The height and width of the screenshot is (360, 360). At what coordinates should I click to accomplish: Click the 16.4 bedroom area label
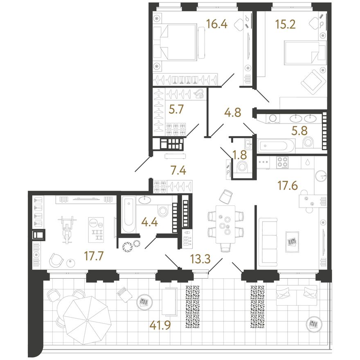(217, 24)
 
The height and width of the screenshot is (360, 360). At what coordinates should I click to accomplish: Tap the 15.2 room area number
(286, 24)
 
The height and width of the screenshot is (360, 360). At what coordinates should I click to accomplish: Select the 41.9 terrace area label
(160, 325)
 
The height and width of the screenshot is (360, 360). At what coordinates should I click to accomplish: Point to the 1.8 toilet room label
(239, 155)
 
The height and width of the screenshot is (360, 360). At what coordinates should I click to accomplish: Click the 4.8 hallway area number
(233, 112)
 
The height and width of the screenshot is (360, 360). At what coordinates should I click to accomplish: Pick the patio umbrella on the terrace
(87, 320)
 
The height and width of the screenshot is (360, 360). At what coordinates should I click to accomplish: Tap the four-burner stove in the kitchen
(282, 162)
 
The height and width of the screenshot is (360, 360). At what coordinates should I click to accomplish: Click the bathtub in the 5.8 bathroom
(275, 146)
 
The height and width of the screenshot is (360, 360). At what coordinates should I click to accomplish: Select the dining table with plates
(225, 225)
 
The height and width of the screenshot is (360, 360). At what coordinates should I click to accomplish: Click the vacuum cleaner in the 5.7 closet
(199, 94)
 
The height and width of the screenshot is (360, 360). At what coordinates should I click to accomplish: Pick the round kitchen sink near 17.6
(321, 176)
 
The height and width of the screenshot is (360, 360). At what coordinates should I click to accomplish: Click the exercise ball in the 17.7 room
(70, 263)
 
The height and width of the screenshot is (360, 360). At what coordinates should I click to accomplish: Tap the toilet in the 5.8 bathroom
(309, 142)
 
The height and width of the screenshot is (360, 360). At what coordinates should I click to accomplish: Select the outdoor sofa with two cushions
(297, 295)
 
